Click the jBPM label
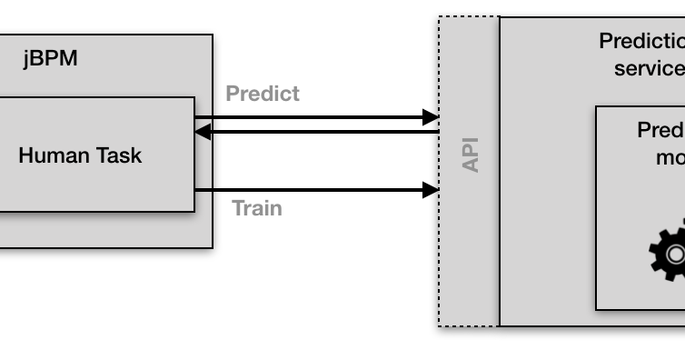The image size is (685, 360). [x=50, y=59]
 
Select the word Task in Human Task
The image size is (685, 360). [x=118, y=155]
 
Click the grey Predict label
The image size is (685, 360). [x=263, y=94]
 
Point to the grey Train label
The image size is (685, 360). [x=257, y=208]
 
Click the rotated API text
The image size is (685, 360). [x=470, y=155]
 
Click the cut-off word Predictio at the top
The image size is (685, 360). [x=641, y=41]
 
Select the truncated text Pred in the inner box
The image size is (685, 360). [x=660, y=130]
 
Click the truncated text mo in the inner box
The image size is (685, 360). [x=670, y=157]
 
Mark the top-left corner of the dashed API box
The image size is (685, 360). [x=439, y=16]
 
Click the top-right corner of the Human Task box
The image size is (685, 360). [x=194, y=98]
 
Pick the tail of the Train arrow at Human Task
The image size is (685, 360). [x=197, y=190]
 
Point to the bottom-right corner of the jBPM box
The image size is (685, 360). [x=212, y=247]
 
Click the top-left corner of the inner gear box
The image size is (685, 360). [x=596, y=106]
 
